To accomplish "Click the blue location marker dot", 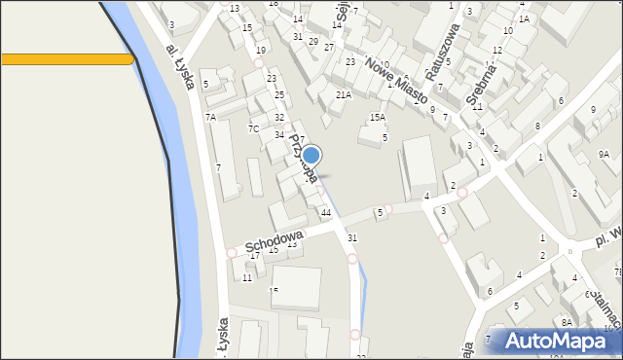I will [311, 155].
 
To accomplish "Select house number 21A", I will [343, 95].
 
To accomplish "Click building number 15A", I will [377, 118].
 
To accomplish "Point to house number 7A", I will [210, 117].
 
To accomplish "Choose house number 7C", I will [253, 128].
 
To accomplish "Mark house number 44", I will [326, 212].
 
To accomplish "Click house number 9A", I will [604, 154].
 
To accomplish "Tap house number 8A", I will [567, 322].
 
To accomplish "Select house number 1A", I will [524, 18].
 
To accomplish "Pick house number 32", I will [279, 117].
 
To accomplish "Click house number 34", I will [279, 134].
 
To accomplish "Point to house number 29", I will [312, 41].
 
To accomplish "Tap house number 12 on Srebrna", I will [496, 50].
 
